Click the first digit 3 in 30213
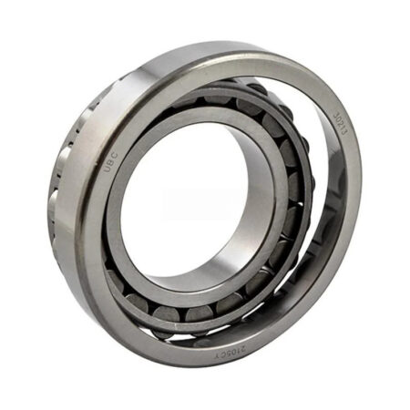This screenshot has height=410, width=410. [x=333, y=115]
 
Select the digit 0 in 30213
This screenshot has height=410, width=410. [x=337, y=120]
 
